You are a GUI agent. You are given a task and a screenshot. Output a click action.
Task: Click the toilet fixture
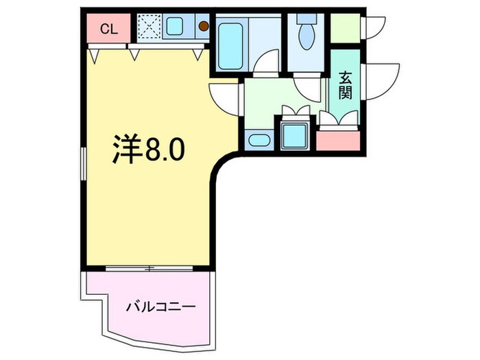(x=305, y=32)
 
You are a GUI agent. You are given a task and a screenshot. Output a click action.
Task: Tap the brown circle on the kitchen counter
(x=204, y=27)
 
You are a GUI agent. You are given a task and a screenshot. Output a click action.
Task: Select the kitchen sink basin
(x=173, y=28)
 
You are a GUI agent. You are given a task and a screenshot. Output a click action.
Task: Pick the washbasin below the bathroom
(x=259, y=141)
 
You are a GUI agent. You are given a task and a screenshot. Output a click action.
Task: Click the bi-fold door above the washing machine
(x=296, y=111)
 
